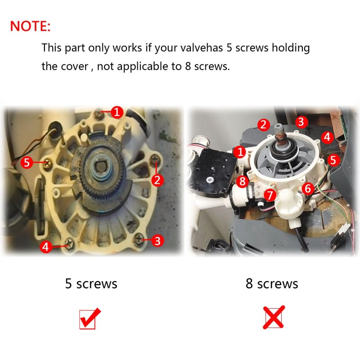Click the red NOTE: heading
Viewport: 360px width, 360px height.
pyautogui.click(x=30, y=26)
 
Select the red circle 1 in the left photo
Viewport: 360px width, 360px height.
pyautogui.click(x=117, y=112)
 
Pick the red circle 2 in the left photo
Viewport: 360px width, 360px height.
pyautogui.click(x=157, y=180)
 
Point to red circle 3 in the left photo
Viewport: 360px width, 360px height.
pyautogui.click(x=157, y=241)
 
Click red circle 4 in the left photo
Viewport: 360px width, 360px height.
pyautogui.click(x=46, y=247)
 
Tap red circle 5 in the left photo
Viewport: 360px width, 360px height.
pyautogui.click(x=27, y=162)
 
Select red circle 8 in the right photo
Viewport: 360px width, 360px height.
pyautogui.click(x=243, y=181)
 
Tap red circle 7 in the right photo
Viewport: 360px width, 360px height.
pyautogui.click(x=270, y=195)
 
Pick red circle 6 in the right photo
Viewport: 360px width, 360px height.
pyautogui.click(x=308, y=189)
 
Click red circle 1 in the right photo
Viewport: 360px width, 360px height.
pyautogui.click(x=240, y=152)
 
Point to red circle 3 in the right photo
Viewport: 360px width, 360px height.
pyautogui.click(x=301, y=121)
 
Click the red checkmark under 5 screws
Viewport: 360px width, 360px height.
pyautogui.click(x=90, y=318)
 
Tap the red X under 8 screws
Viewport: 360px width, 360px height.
pyautogui.click(x=274, y=317)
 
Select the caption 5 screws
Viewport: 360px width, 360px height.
pyautogui.click(x=91, y=284)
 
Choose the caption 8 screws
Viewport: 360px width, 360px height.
pyautogui.click(x=272, y=284)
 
